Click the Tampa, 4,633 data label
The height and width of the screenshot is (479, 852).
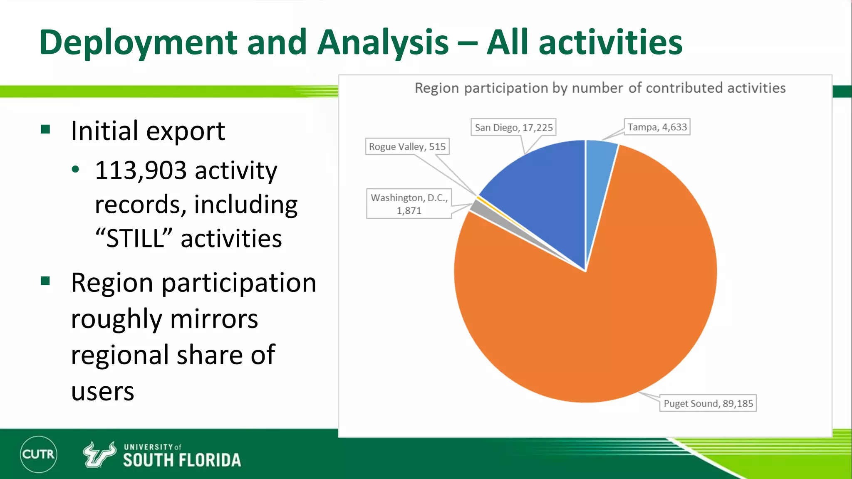(x=657, y=127)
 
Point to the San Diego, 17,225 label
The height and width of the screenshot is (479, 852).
(x=514, y=127)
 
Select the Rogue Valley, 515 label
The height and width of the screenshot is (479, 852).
(x=407, y=146)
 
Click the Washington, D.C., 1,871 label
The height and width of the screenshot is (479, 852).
(x=409, y=204)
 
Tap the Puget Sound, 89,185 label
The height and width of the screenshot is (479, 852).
(x=708, y=403)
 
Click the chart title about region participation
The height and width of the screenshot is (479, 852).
(x=600, y=88)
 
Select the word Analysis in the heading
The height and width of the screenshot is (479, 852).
(x=383, y=43)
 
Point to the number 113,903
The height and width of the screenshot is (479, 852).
(x=141, y=170)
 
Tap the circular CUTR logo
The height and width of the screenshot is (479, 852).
(x=38, y=454)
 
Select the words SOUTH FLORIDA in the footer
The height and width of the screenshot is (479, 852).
(x=182, y=460)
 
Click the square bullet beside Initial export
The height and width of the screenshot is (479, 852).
(x=45, y=129)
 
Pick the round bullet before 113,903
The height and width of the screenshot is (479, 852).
(x=75, y=170)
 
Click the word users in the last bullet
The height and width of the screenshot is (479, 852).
(x=102, y=392)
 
